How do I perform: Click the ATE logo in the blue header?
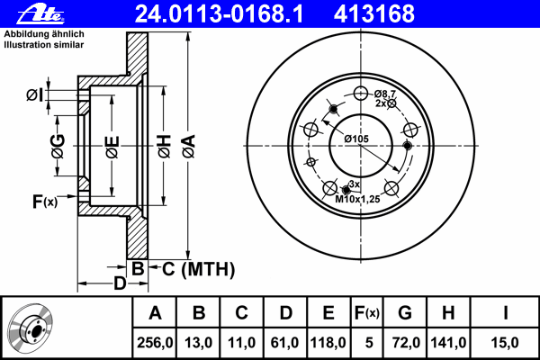[40, 14]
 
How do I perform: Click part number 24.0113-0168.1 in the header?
[219, 14]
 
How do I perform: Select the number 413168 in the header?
[374, 14]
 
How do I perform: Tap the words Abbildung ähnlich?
[44, 34]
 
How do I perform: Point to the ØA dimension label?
[189, 146]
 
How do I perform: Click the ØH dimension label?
[165, 147]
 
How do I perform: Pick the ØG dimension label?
[58, 146]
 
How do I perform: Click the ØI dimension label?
[35, 95]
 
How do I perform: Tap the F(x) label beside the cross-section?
[45, 202]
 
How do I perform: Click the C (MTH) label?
[198, 269]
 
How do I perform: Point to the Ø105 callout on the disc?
[356, 139]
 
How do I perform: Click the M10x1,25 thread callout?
[357, 199]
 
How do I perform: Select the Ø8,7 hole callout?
[385, 94]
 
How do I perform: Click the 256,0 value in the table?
[155, 343]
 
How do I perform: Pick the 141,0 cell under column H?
[448, 343]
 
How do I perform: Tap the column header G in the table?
[405, 313]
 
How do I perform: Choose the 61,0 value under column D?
[284, 343]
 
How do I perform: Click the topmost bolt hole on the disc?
[361, 93]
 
